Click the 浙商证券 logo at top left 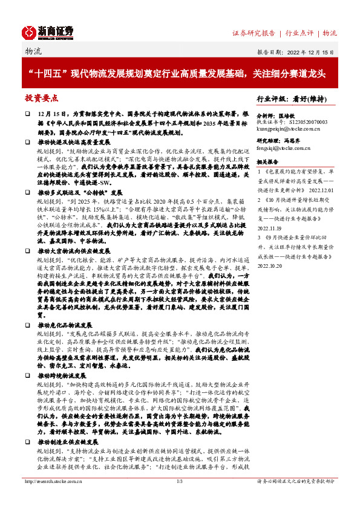48,31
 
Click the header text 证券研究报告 254,33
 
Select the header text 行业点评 300,33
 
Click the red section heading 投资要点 41,97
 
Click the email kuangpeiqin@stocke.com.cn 289,129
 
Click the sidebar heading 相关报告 267,162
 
